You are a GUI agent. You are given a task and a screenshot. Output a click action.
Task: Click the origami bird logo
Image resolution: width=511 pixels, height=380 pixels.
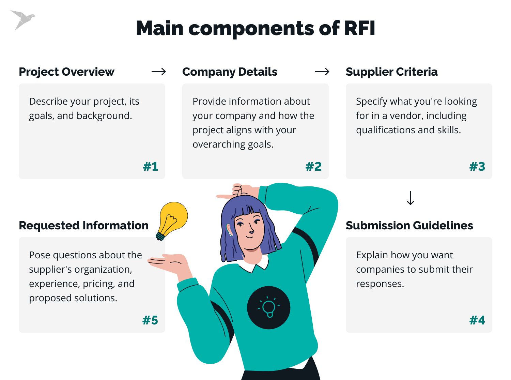tap(22, 20)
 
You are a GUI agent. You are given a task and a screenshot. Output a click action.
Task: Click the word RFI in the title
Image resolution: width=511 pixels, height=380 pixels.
tap(359, 28)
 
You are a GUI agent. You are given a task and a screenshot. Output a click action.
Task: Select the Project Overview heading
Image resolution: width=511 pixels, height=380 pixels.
tap(66, 72)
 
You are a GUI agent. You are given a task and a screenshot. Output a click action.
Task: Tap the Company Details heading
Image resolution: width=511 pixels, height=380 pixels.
tap(230, 72)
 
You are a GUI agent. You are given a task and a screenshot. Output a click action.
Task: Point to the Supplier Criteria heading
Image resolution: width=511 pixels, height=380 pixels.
tap(391, 72)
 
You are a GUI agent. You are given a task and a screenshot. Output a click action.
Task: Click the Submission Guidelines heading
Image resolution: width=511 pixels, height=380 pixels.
tap(409, 226)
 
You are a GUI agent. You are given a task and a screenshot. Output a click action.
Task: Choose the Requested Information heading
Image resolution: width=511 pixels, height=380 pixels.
tap(83, 226)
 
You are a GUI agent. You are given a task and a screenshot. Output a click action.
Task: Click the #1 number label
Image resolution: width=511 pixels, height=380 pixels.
tap(151, 167)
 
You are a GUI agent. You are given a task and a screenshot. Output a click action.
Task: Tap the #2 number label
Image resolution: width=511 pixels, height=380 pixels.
tap(313, 167)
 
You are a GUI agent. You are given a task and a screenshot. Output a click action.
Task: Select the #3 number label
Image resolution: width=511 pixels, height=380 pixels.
tap(477, 167)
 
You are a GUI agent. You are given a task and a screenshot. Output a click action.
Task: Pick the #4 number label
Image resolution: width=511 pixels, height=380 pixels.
tap(477, 320)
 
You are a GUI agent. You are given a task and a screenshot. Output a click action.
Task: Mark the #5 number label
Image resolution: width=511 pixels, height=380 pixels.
tap(150, 320)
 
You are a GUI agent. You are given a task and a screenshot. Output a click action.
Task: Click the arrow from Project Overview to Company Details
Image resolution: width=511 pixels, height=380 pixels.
tap(159, 72)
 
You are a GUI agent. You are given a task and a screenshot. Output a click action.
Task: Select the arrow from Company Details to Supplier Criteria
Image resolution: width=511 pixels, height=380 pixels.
tap(322, 72)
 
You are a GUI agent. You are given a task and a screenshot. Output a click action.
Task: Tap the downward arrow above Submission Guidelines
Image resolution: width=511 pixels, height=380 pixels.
tap(411, 198)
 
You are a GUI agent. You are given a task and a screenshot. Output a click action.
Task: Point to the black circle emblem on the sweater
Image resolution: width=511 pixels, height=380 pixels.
tap(268, 307)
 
